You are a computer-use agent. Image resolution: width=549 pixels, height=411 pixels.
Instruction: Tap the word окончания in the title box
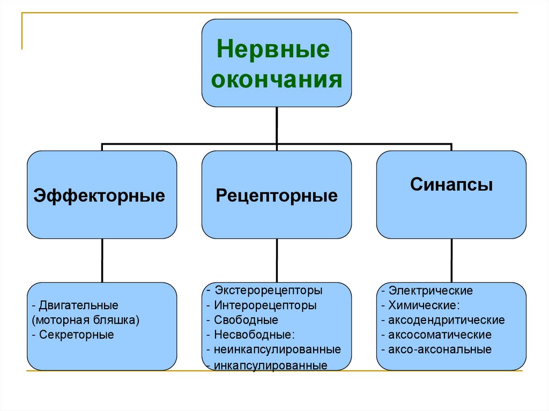tap(277, 81)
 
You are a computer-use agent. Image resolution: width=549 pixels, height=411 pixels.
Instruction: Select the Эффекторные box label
tap(99, 195)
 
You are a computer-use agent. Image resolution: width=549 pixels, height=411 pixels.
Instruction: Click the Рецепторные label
tap(277, 195)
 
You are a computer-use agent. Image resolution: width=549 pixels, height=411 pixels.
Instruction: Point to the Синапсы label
tap(451, 185)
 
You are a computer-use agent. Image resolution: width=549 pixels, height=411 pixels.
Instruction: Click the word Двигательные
tap(78, 305)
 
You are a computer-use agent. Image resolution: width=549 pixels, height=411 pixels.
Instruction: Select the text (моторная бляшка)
tap(86, 320)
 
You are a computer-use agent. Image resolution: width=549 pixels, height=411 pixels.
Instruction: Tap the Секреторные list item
tap(76, 335)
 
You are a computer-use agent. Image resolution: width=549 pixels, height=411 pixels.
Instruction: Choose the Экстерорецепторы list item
tap(268, 291)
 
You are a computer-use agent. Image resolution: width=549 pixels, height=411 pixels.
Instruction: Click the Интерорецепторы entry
tap(265, 306)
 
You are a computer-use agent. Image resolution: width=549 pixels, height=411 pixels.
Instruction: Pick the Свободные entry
tap(246, 320)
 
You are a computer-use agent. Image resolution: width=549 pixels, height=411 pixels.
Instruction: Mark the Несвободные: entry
tap(255, 335)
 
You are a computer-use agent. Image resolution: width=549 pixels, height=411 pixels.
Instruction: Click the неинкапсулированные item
tap(277, 349)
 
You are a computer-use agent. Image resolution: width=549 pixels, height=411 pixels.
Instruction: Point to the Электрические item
tap(431, 291)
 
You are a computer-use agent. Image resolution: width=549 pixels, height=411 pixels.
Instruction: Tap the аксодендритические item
tap(447, 320)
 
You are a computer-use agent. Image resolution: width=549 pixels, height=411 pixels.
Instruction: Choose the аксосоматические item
tap(440, 335)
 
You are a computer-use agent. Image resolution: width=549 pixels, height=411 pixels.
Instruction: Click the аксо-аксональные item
tap(440, 350)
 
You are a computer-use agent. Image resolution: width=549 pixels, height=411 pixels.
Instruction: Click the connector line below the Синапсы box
tap(451, 260)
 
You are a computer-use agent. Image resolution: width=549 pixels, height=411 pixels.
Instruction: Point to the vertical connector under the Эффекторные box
tap(102, 260)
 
